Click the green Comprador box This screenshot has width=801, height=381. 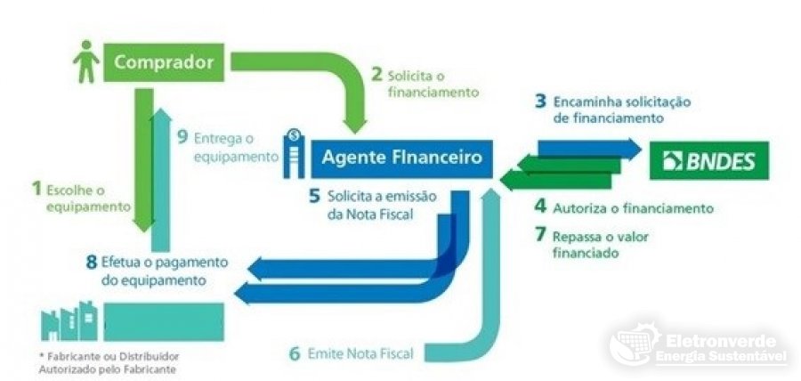165,62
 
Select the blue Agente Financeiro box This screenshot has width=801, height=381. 400,158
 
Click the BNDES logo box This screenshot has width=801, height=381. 708,161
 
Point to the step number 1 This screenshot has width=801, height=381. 36,188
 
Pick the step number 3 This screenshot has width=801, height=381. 540,101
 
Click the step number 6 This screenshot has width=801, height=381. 295,353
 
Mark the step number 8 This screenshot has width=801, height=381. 91,263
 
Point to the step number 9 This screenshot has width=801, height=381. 182,137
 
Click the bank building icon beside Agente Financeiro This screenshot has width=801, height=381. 293,152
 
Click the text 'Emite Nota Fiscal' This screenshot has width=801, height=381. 363,353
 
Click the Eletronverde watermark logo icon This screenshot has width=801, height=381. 635,348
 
